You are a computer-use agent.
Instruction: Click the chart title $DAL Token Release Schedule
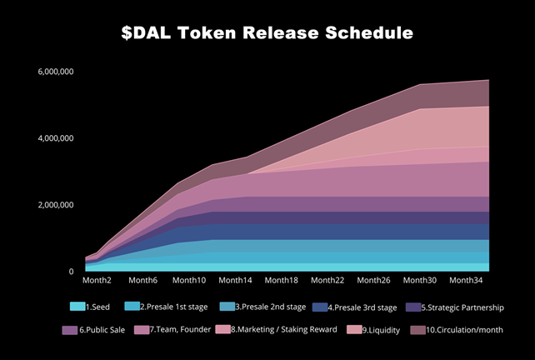[267, 33]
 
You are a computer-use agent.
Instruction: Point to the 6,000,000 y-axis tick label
[56, 72]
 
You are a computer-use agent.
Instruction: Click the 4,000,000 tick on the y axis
[56, 138]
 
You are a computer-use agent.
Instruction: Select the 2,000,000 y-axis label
[56, 205]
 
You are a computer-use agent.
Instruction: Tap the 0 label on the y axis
[72, 272]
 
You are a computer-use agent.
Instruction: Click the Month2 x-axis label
[98, 281]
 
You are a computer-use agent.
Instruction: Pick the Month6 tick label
[143, 281]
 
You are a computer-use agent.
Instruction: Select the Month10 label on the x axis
[190, 281]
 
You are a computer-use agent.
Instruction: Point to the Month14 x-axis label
[236, 281]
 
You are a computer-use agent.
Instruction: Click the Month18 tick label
[282, 281]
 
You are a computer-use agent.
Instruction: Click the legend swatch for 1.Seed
[77, 307]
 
